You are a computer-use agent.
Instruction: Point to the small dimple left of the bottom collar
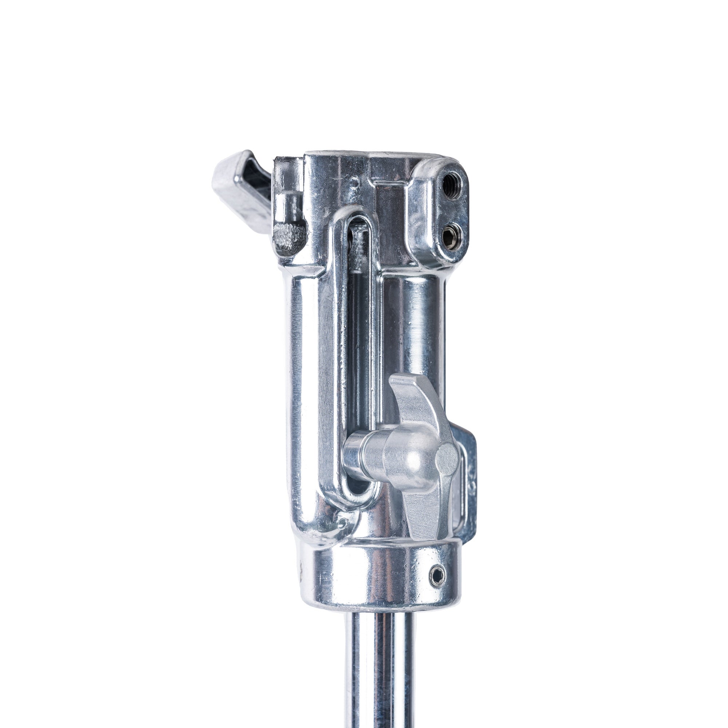click(x=342, y=522)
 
